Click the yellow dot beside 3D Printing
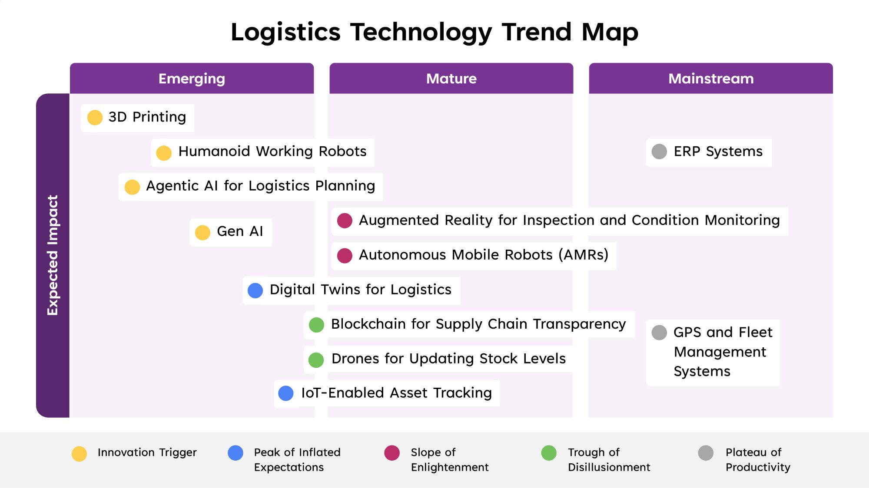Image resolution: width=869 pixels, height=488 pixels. [95, 117]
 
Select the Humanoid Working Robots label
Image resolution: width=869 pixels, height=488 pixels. [272, 152]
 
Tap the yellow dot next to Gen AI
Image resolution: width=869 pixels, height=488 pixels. [202, 232]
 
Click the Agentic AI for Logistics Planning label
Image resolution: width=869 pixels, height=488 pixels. [261, 186]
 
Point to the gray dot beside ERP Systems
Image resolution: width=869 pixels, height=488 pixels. [659, 152]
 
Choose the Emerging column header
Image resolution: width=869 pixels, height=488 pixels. [192, 79]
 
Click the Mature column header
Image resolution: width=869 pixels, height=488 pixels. [451, 79]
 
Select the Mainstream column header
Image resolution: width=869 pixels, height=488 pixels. [711, 79]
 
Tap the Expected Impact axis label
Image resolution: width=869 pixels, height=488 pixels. [53, 255]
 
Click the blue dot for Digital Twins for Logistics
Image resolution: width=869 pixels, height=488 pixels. [255, 290]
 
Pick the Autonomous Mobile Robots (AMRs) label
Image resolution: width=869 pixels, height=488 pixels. [484, 255]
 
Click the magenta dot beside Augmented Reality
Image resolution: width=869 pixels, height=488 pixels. [345, 221]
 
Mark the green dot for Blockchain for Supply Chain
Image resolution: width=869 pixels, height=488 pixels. [316, 325]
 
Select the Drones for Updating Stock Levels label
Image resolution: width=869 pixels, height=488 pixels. [448, 359]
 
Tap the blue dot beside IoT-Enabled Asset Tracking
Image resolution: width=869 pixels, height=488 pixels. [285, 393]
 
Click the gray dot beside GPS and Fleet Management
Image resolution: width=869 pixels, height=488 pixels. [659, 333]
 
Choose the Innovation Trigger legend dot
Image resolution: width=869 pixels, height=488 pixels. [79, 454]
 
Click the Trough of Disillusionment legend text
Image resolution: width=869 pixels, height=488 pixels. [609, 460]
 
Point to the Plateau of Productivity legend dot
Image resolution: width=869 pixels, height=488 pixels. [706, 453]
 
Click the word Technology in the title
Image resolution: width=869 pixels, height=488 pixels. [421, 33]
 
